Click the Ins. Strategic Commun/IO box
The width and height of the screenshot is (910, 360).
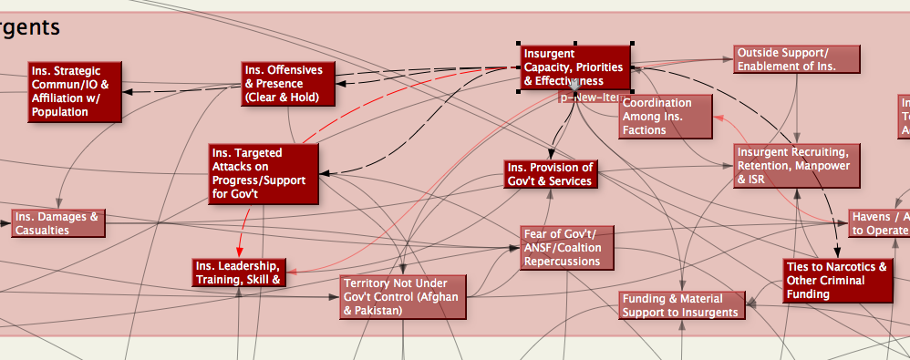click(x=73, y=91)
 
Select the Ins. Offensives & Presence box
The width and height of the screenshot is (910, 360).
click(x=288, y=84)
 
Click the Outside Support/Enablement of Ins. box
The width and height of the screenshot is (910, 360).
click(x=797, y=60)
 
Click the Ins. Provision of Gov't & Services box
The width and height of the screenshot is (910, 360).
click(x=551, y=174)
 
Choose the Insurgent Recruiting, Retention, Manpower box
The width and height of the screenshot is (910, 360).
click(x=798, y=166)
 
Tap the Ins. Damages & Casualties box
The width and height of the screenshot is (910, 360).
click(x=57, y=223)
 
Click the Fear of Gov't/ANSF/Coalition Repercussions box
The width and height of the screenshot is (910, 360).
click(x=567, y=248)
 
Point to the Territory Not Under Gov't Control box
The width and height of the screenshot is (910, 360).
click(x=402, y=296)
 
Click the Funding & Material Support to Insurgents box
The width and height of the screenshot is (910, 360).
click(x=681, y=305)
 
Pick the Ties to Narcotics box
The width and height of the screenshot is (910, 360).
click(x=836, y=281)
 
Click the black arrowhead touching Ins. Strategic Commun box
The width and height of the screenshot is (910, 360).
click(x=129, y=92)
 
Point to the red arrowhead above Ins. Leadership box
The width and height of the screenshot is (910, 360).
click(x=240, y=251)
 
